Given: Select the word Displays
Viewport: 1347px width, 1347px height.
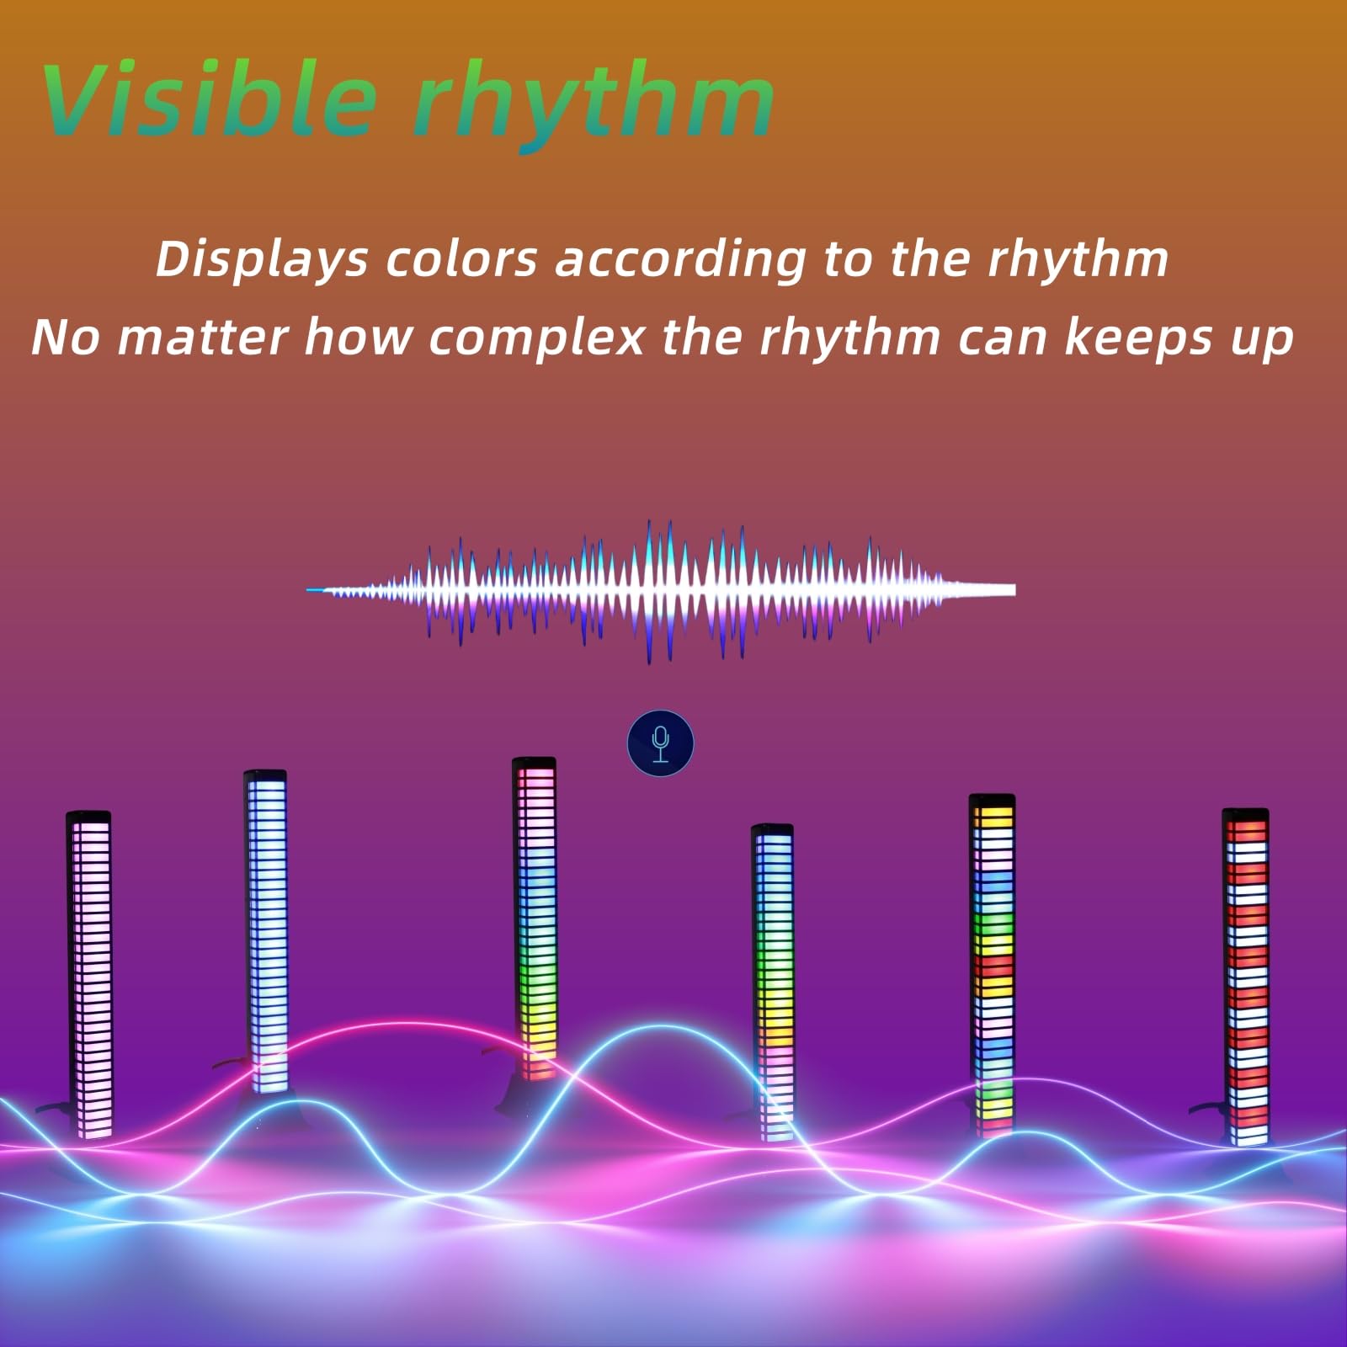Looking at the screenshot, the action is coord(262,259).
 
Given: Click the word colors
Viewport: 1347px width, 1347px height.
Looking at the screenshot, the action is coord(461,259).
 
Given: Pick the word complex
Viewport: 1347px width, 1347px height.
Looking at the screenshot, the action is coord(536,338).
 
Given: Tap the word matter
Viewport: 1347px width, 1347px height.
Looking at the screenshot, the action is coord(202,337).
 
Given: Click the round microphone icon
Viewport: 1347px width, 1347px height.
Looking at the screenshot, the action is coord(661,744).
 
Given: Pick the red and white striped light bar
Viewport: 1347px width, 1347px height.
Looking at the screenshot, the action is coord(1246,977).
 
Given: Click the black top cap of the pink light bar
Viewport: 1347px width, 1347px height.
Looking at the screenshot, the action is coord(88,817).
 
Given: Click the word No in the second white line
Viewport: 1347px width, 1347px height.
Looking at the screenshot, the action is coord(65,338).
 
